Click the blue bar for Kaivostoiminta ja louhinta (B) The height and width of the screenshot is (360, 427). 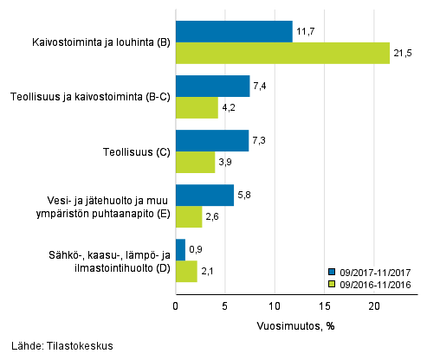[234, 32]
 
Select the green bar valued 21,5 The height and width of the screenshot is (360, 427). [282, 54]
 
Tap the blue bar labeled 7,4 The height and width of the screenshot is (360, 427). [212, 86]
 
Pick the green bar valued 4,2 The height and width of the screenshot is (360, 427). [197, 107]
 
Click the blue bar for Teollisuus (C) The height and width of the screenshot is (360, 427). [212, 140]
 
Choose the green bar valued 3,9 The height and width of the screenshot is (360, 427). [195, 162]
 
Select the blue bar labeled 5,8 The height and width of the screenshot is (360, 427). [204, 195]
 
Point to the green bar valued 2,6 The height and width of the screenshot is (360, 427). [189, 216]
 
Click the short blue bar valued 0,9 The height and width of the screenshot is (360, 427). [180, 249]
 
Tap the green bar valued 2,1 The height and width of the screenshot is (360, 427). [186, 271]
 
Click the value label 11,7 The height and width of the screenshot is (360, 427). [304, 32]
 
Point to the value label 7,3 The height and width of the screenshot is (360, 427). [261, 140]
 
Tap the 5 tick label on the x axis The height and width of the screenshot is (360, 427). [225, 305]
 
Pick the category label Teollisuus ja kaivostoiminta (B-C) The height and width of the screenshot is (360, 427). [89, 97]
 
